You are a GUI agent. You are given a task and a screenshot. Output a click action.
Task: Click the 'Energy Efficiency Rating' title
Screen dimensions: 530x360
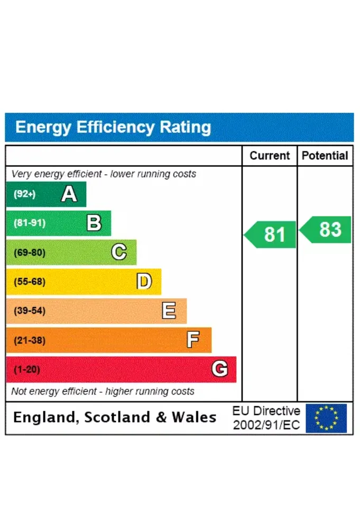coord(113,127)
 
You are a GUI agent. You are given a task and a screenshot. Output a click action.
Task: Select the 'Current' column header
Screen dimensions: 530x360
coord(270,156)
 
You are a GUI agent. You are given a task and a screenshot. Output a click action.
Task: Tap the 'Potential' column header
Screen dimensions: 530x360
coord(325,156)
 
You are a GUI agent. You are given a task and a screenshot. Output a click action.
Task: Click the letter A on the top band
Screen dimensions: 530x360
coord(69,194)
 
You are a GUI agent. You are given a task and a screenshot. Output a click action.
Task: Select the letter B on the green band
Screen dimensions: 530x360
coord(94,223)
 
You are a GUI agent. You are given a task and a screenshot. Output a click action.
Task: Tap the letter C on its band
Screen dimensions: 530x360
coord(119,252)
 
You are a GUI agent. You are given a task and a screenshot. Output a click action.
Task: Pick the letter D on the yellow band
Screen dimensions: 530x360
coord(144,281)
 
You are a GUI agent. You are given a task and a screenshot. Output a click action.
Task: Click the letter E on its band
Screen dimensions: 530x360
coord(169,310)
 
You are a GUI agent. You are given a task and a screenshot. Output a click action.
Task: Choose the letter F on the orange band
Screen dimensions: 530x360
coord(193,340)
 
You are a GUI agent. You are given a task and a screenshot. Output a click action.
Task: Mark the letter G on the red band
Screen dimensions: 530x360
coord(219,369)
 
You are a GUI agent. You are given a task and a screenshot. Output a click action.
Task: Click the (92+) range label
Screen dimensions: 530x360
coord(24,194)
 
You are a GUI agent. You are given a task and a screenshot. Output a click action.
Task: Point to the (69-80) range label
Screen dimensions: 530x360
coord(29,252)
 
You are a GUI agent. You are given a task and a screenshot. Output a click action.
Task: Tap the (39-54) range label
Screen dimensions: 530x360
coord(29,310)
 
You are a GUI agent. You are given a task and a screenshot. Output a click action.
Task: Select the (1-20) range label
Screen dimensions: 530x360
coord(26,369)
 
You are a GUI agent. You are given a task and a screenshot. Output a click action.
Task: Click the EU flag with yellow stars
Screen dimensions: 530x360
coord(326,418)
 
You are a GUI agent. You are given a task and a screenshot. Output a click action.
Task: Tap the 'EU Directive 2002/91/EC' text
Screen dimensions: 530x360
coord(266,418)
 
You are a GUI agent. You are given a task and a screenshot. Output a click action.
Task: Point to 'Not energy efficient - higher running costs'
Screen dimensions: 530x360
coord(103,391)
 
